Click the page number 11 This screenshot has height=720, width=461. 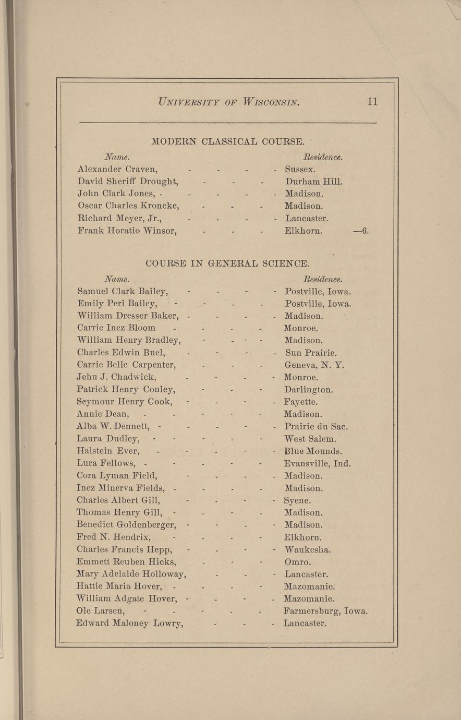pos(372,101)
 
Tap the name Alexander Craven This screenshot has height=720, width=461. pos(117,169)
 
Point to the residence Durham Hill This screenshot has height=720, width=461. pos(314,182)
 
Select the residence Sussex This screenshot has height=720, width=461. pos(300,169)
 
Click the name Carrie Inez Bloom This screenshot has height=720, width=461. pos(116,328)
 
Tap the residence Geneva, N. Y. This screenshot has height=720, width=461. pos(314,365)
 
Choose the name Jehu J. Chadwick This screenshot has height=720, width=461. pos(116,377)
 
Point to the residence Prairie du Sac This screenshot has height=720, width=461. pos(316,427)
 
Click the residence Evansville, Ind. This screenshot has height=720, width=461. pos(317,463)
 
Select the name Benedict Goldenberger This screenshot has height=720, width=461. pos(126,525)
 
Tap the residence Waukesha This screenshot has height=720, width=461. pos(308,549)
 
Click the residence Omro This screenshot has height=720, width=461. pos(298,562)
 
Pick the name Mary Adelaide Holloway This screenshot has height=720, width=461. pos(131,574)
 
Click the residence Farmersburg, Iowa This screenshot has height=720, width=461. pos(325,611)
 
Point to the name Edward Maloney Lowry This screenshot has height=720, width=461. pos(129,623)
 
